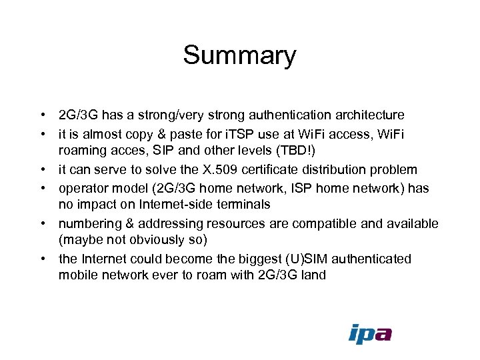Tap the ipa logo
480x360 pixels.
(370, 333)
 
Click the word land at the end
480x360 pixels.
(313, 275)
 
